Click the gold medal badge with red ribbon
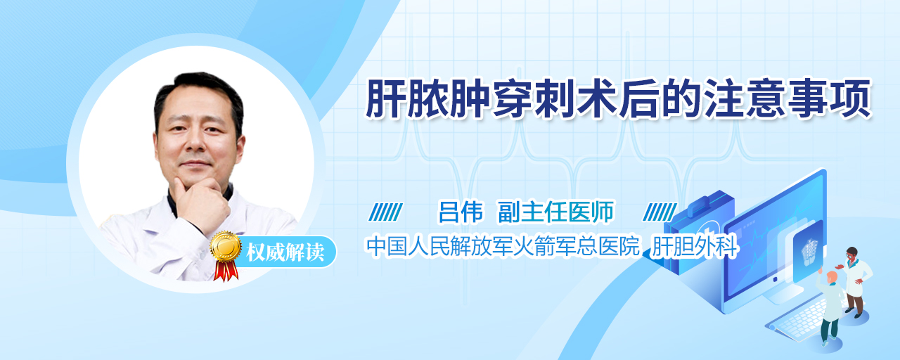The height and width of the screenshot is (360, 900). (226, 255)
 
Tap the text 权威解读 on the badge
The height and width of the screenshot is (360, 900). (285, 252)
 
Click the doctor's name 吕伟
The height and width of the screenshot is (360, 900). (461, 212)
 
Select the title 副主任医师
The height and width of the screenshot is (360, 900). (555, 212)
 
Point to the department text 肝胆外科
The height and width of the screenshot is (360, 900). (695, 246)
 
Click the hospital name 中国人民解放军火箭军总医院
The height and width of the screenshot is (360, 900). (503, 246)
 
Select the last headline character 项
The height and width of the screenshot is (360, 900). (850, 98)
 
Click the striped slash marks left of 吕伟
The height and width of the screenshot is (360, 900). (385, 212)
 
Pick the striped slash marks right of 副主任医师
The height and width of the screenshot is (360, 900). (660, 212)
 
